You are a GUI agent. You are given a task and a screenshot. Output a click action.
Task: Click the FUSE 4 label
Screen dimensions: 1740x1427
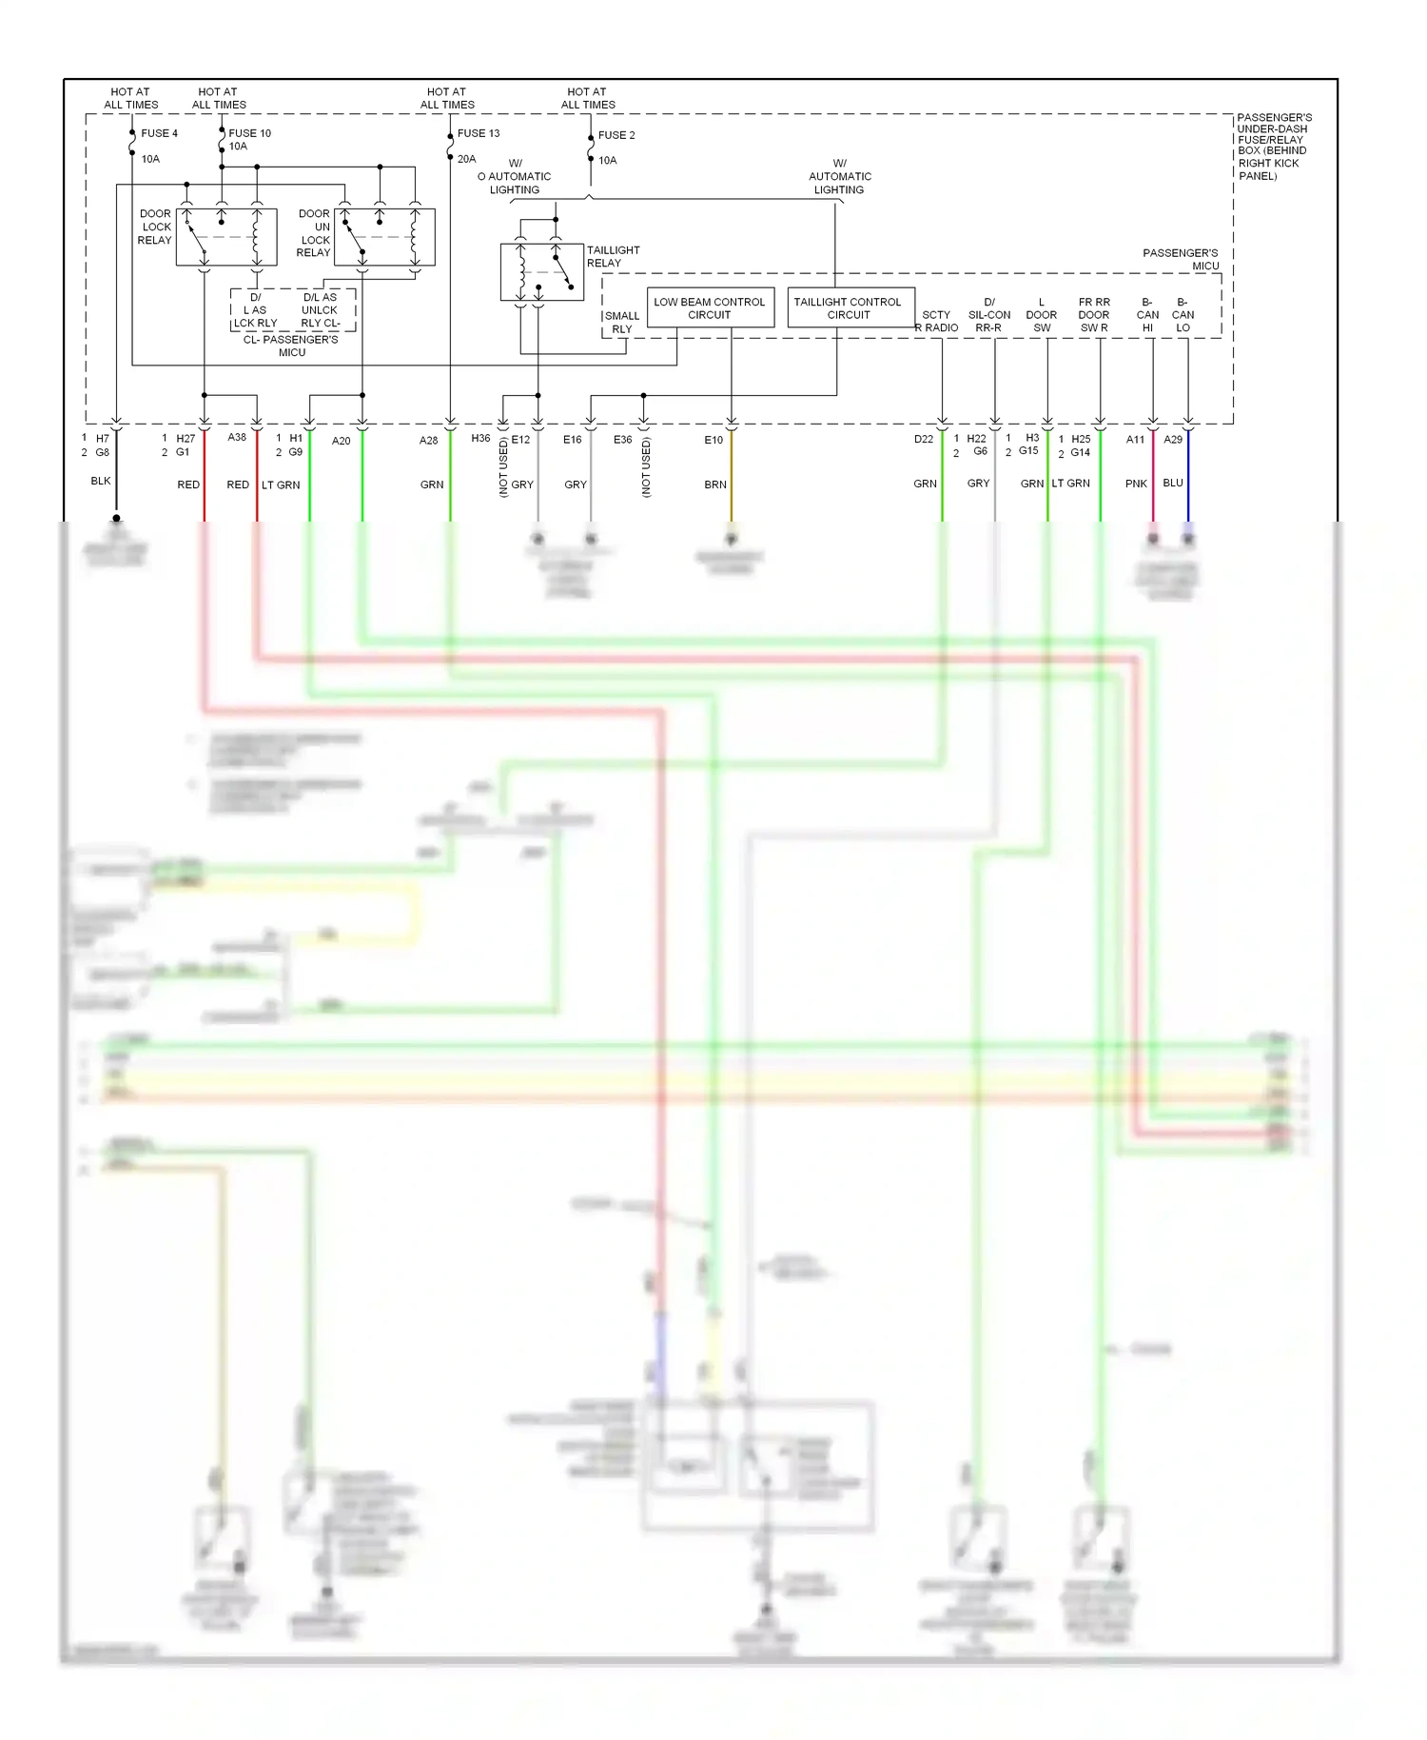tap(159, 133)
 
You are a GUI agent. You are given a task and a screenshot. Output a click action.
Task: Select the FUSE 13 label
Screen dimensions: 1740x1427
tap(478, 133)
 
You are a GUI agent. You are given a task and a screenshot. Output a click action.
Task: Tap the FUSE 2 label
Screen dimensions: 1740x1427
tap(616, 135)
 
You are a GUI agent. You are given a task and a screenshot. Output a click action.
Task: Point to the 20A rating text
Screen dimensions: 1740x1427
tap(466, 159)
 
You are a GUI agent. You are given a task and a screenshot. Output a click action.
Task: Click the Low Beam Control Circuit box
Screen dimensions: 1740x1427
tap(710, 308)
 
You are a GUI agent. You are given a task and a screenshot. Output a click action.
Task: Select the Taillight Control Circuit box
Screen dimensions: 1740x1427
tap(848, 308)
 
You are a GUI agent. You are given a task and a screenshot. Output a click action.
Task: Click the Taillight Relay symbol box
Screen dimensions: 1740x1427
tap(541, 272)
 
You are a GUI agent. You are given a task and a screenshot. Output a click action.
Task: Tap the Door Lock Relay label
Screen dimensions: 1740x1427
tap(155, 227)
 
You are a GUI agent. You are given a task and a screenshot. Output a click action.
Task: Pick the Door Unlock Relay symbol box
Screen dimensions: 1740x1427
tap(384, 237)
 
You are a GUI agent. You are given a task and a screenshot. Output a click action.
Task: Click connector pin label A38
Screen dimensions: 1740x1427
tap(237, 438)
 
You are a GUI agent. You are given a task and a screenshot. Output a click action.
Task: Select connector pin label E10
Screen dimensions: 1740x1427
tap(713, 440)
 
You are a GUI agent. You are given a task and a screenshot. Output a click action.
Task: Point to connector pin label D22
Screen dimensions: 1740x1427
tap(923, 440)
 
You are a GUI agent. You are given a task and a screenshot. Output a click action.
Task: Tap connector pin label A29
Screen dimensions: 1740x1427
tap(1173, 440)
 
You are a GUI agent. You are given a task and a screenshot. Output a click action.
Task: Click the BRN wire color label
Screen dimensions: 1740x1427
tap(715, 484)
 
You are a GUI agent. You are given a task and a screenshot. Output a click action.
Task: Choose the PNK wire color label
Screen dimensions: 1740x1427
tap(1136, 484)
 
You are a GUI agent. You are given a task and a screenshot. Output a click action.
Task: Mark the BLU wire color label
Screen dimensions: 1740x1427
tap(1173, 483)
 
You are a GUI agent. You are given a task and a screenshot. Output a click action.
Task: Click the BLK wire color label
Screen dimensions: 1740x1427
tap(101, 481)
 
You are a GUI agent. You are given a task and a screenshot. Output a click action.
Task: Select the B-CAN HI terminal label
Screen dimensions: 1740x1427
tap(1147, 315)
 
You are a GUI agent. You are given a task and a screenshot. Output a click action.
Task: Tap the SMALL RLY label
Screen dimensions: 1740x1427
tap(622, 323)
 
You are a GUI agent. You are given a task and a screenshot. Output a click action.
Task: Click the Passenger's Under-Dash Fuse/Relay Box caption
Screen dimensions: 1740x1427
tap(1273, 147)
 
